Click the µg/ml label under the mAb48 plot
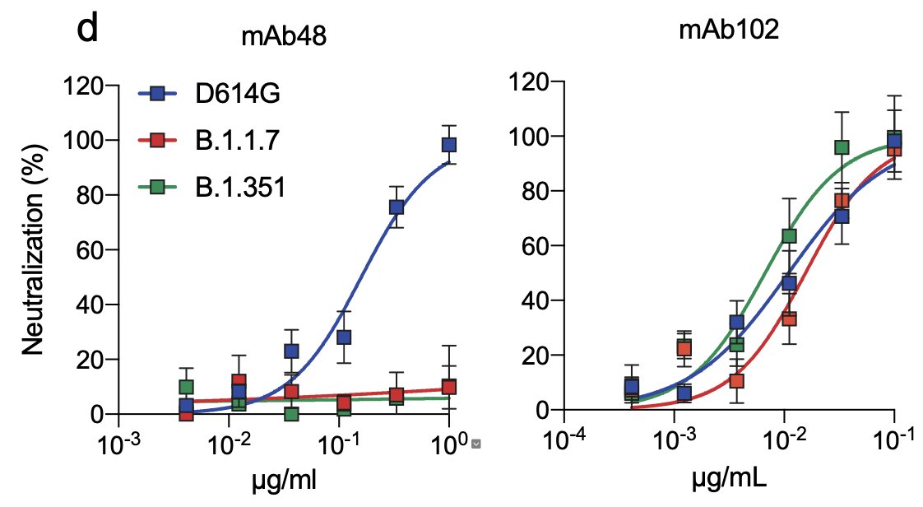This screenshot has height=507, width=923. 281,480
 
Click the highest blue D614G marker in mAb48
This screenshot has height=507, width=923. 449,145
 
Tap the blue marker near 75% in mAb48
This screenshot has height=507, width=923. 396,207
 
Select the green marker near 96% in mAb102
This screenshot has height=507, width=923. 841,147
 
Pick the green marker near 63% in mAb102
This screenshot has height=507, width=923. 789,236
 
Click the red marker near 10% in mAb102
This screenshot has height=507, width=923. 737,381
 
